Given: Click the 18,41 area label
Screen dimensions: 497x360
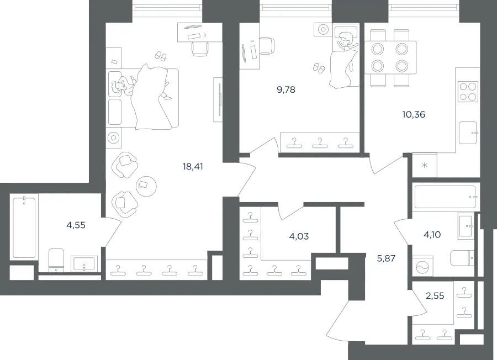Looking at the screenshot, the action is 193,166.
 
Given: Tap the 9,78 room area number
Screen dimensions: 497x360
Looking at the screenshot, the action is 286,89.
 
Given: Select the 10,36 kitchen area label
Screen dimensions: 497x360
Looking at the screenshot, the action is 414,114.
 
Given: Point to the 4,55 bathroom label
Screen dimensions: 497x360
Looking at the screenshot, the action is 76,225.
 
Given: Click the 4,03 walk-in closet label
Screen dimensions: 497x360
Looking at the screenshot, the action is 299,236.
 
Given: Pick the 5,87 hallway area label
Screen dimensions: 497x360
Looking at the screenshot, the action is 386,258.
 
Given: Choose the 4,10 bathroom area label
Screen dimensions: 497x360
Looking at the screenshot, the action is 432,235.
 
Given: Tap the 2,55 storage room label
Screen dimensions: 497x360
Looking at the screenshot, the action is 435,295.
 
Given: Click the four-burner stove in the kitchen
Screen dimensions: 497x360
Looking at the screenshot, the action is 468,92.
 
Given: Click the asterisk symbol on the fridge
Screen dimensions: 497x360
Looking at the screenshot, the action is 425,166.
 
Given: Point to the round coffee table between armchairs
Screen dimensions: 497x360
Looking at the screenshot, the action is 146,186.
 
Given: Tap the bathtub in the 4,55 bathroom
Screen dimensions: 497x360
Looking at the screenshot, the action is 24,227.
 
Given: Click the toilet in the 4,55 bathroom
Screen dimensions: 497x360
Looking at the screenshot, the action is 56,260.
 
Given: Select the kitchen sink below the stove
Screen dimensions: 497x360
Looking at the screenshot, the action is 468,133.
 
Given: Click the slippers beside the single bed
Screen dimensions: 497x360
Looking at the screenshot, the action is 319,68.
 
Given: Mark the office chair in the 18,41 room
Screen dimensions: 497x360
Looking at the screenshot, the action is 200,49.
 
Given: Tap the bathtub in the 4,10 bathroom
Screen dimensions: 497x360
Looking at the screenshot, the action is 446,197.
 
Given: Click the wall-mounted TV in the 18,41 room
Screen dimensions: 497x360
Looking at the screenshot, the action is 219,99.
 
